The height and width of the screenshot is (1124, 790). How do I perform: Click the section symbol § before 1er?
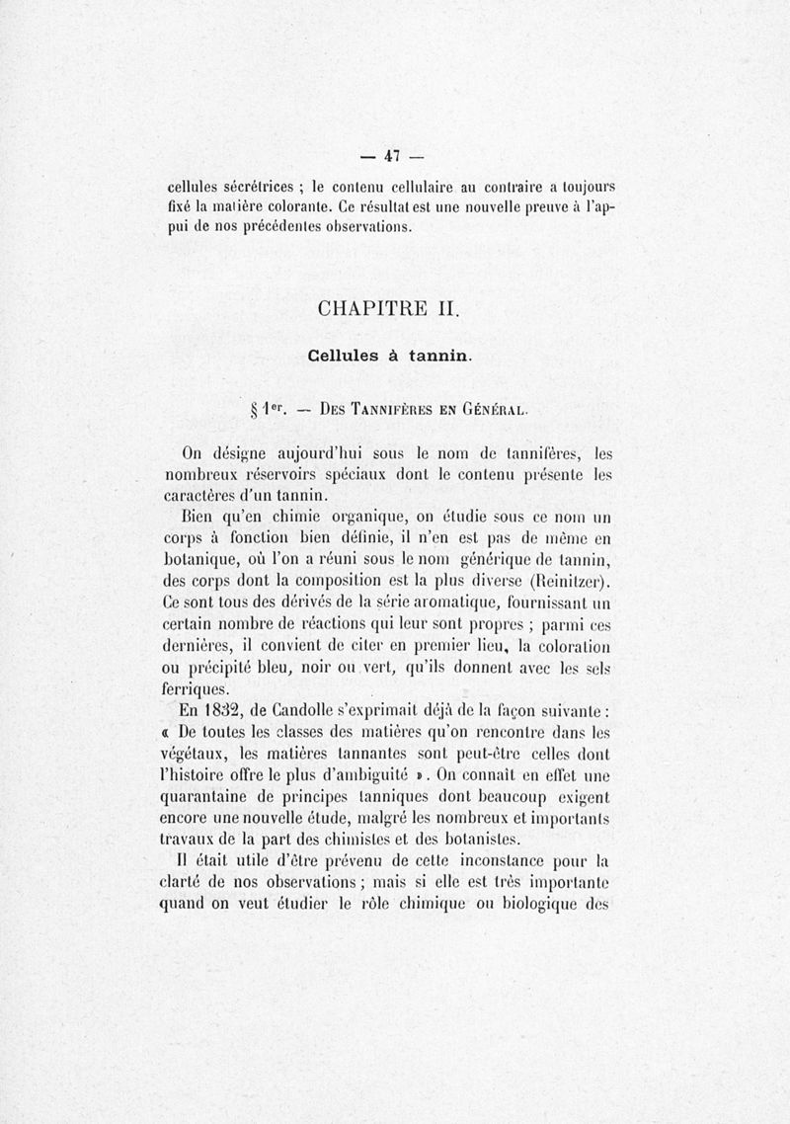tap(256, 405)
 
